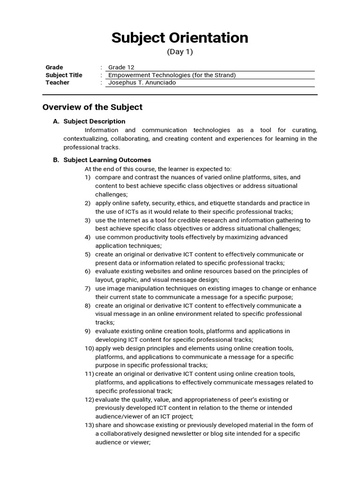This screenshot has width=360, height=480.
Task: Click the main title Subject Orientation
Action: pyautogui.click(x=180, y=38)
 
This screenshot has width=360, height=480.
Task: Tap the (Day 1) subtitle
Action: pyautogui.click(x=180, y=52)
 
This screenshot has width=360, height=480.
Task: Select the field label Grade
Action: pyautogui.click(x=54, y=67)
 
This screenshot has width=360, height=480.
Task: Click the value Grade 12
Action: pyautogui.click(x=121, y=67)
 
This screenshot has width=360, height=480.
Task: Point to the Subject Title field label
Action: pyautogui.click(x=64, y=75)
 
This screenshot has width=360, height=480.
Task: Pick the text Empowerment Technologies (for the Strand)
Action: pyautogui.click(x=172, y=75)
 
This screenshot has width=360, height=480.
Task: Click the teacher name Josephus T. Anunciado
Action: pyautogui.click(x=142, y=82)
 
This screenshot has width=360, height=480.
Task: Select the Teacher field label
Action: pyautogui.click(x=57, y=82)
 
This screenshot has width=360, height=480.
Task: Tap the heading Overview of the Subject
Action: pyautogui.click(x=92, y=107)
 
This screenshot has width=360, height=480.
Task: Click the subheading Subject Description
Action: pyautogui.click(x=94, y=121)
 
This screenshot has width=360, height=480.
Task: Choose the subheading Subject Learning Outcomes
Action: pyautogui.click(x=107, y=160)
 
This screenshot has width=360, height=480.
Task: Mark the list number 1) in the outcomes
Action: pyautogui.click(x=88, y=178)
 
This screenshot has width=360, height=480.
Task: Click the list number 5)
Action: pyautogui.click(x=88, y=255)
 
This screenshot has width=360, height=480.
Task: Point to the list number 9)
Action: pyautogui.click(x=88, y=331)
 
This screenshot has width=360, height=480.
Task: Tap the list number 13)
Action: pyautogui.click(x=89, y=425)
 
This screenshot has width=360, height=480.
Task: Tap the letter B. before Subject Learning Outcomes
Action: pyautogui.click(x=56, y=160)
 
